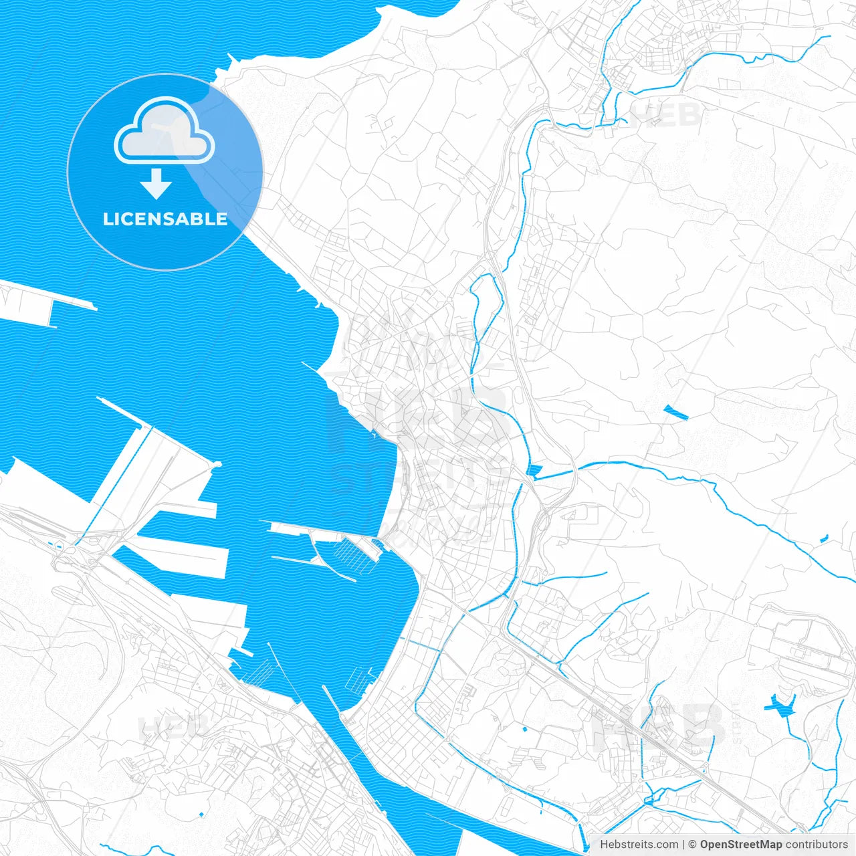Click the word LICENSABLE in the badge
[165, 219]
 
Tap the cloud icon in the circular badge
[165, 131]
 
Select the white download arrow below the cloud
[156, 183]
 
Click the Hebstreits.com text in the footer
[639, 845]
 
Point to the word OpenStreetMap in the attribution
[740, 845]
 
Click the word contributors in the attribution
[817, 845]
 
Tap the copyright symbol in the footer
[692, 845]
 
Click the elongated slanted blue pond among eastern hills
[676, 413]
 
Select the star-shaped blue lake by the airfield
[780, 704]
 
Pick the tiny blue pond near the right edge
[824, 538]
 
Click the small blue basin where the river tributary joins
[533, 469]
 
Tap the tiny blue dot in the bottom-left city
[201, 813]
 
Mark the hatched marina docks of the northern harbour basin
[354, 555]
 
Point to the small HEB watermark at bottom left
[173, 726]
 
